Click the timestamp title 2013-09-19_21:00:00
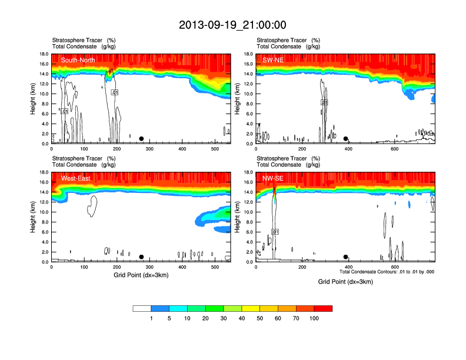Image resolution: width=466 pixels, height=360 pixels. click(232, 25)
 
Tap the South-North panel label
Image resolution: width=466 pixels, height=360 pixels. click(78, 60)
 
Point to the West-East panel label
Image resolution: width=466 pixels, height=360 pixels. click(75, 178)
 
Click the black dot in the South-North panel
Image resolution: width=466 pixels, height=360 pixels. click(141, 139)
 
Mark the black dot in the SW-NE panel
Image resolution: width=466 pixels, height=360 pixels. click(346, 139)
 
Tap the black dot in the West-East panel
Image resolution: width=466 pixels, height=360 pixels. click(141, 257)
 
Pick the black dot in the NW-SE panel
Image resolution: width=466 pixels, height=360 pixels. click(346, 257)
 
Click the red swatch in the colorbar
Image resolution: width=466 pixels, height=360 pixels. click(323, 308)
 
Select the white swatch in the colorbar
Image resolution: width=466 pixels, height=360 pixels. click(142, 308)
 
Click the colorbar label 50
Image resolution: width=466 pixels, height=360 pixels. click(260, 318)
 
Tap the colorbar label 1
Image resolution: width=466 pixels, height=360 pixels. click(151, 318)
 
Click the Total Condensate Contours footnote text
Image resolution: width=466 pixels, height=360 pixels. click(387, 272)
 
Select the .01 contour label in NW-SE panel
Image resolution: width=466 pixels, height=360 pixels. click(275, 232)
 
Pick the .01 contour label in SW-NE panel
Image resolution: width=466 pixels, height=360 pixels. click(324, 102)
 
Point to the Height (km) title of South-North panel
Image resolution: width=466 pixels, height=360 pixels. click(34, 98)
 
